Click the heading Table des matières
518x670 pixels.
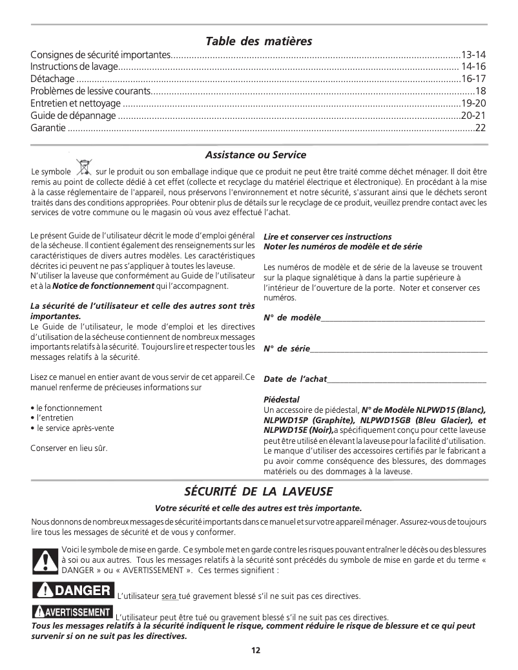(x=258, y=41)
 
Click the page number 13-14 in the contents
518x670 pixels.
(x=473, y=54)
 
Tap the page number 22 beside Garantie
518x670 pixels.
(x=480, y=128)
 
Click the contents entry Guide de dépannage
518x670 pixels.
(x=73, y=116)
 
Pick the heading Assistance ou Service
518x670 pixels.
(x=256, y=155)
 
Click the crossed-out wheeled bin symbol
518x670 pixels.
(x=83, y=168)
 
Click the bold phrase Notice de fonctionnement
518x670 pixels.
(x=103, y=286)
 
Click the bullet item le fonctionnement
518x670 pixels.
(x=69, y=408)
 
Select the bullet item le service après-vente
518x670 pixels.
(x=75, y=428)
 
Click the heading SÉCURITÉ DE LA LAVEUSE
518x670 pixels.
(x=258, y=492)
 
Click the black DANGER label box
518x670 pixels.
(x=72, y=590)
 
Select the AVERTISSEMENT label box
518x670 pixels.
(x=72, y=612)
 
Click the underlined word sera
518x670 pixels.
(x=169, y=596)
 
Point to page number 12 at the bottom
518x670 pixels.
(x=256, y=650)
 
